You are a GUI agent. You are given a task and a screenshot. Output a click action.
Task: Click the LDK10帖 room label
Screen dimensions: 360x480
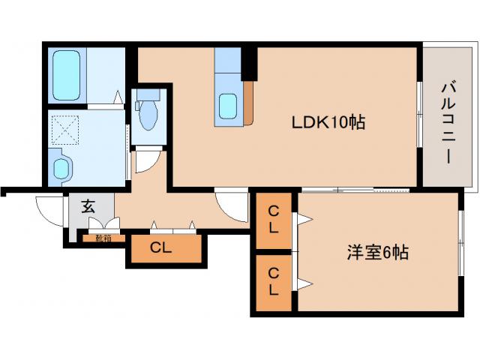pos(328,121)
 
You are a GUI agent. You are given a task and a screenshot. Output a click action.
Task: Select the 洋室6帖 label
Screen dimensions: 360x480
pos(377,253)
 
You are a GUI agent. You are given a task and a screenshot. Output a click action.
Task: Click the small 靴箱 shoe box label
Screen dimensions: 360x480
pos(104,238)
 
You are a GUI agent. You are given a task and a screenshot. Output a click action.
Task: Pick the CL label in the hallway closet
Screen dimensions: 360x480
pos(160,248)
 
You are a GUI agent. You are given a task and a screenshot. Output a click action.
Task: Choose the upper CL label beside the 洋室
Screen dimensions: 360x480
pos(274,220)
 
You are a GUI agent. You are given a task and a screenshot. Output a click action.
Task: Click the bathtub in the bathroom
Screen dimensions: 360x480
pos(67,76)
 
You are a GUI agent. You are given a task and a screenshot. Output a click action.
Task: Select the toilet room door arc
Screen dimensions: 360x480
pos(146,161)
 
